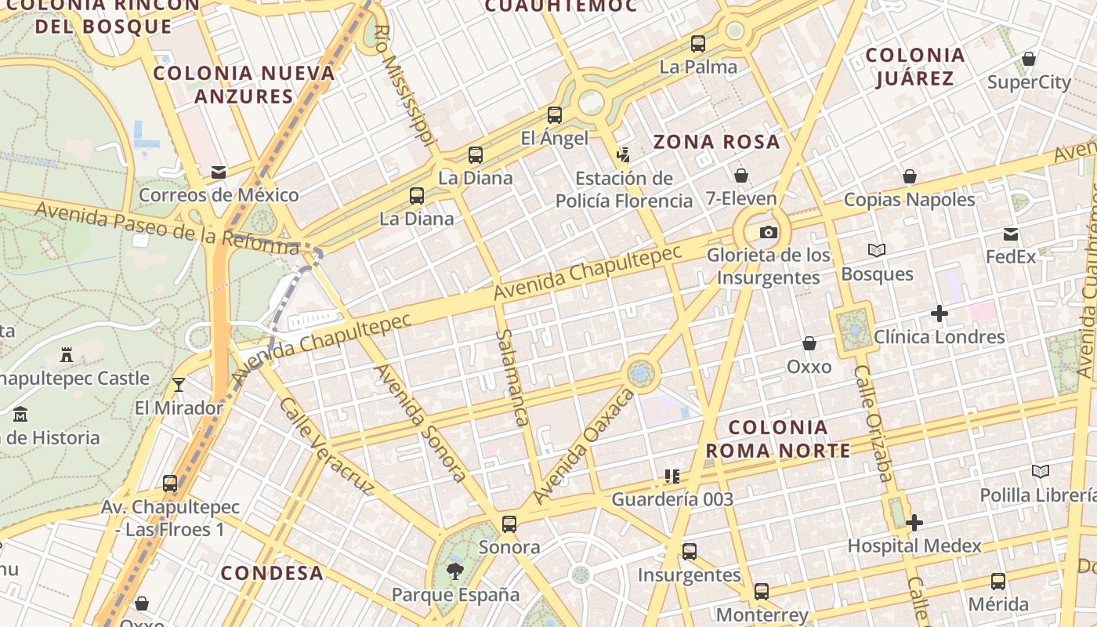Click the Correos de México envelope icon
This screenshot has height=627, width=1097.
[218, 172]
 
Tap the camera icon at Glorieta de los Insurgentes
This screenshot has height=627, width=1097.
[769, 232]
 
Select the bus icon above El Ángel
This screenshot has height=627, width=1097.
[555, 115]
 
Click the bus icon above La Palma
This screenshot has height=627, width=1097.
[698, 44]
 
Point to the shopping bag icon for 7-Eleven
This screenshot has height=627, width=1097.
[740, 176]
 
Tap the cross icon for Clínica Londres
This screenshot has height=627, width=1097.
[939, 314]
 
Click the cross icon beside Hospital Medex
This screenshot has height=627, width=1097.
[914, 523]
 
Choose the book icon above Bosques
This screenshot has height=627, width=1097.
[877, 251]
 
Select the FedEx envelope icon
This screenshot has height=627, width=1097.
[1011, 234]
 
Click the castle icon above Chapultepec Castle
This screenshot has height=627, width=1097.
[67, 355]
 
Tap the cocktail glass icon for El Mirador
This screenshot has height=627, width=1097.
[179, 384]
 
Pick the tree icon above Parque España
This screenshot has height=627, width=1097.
[454, 571]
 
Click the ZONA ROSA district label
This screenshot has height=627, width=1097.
[717, 142]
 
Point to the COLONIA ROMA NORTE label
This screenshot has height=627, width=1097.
[778, 439]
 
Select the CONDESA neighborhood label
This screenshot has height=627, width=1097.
[272, 573]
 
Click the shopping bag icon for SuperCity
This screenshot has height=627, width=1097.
[1029, 59]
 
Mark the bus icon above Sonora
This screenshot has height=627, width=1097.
[509, 524]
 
